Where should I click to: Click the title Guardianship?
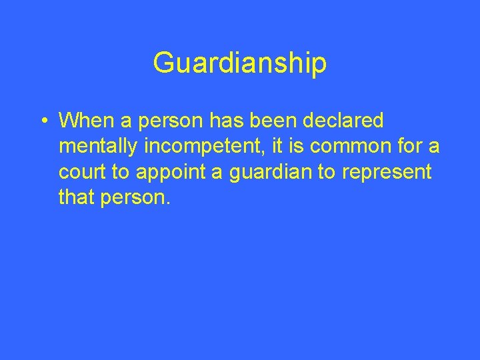[240, 63]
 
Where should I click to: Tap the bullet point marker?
[42, 121]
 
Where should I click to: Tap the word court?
[82, 172]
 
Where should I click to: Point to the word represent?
[387, 172]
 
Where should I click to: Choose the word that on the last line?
[75, 197]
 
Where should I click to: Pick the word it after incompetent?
[279, 147]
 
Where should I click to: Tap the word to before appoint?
[121, 172]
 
